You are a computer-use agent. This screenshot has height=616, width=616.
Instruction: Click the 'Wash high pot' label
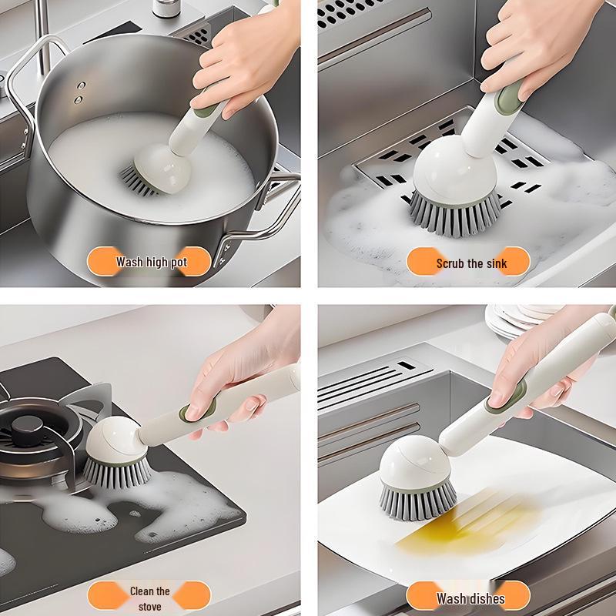point(151,262)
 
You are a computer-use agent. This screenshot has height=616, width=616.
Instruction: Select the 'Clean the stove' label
point(149,597)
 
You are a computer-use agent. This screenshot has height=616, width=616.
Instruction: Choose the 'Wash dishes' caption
point(470,598)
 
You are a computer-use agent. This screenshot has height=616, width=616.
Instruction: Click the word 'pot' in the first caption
point(178,262)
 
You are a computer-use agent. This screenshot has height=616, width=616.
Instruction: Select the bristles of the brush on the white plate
point(418,500)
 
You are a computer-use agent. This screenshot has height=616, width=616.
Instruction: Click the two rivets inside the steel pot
point(79,94)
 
